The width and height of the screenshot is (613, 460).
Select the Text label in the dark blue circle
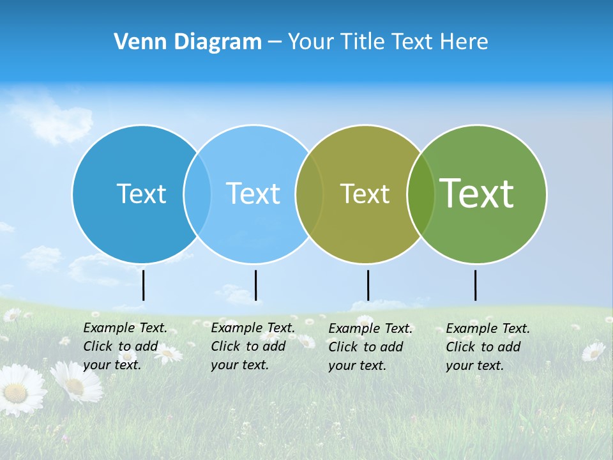click(141, 194)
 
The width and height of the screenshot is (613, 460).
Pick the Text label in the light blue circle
click(253, 194)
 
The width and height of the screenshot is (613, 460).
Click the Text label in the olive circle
click(365, 194)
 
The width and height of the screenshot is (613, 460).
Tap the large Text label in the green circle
click(476, 193)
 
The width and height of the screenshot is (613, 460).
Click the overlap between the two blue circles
click(197, 194)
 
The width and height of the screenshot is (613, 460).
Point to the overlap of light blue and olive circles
click(309, 194)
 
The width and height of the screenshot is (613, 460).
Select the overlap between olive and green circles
click(421, 194)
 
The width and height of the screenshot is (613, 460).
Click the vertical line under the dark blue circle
click(144, 285)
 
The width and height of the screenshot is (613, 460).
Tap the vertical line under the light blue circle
click(255, 285)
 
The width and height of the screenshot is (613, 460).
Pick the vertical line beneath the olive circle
click(368, 285)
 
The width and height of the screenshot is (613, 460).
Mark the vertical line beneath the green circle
click(475, 285)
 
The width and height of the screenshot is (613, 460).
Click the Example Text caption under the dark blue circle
click(125, 346)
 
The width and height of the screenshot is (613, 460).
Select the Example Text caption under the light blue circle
click(253, 346)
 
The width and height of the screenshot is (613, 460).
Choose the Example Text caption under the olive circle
click(370, 347)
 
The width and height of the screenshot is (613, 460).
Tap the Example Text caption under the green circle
click(488, 347)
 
